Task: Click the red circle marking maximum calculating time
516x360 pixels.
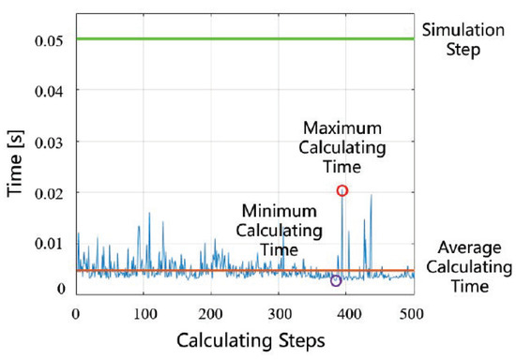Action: click(342, 190)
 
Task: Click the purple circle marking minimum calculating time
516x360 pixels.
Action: click(336, 280)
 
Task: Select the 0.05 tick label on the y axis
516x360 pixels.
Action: click(49, 39)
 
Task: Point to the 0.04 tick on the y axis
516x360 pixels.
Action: click(49, 91)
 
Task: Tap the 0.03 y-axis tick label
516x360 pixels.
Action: click(49, 142)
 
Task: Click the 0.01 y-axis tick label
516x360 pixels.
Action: click(49, 244)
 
